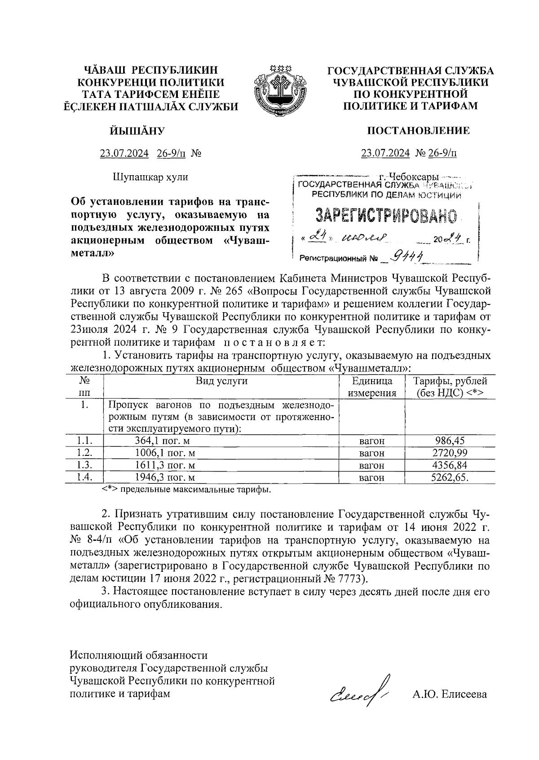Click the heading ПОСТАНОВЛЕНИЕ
tap(418, 131)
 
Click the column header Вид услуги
tap(221, 381)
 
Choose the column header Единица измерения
tap(372, 387)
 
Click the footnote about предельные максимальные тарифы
tap(186, 489)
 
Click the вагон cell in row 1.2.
tap(372, 453)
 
